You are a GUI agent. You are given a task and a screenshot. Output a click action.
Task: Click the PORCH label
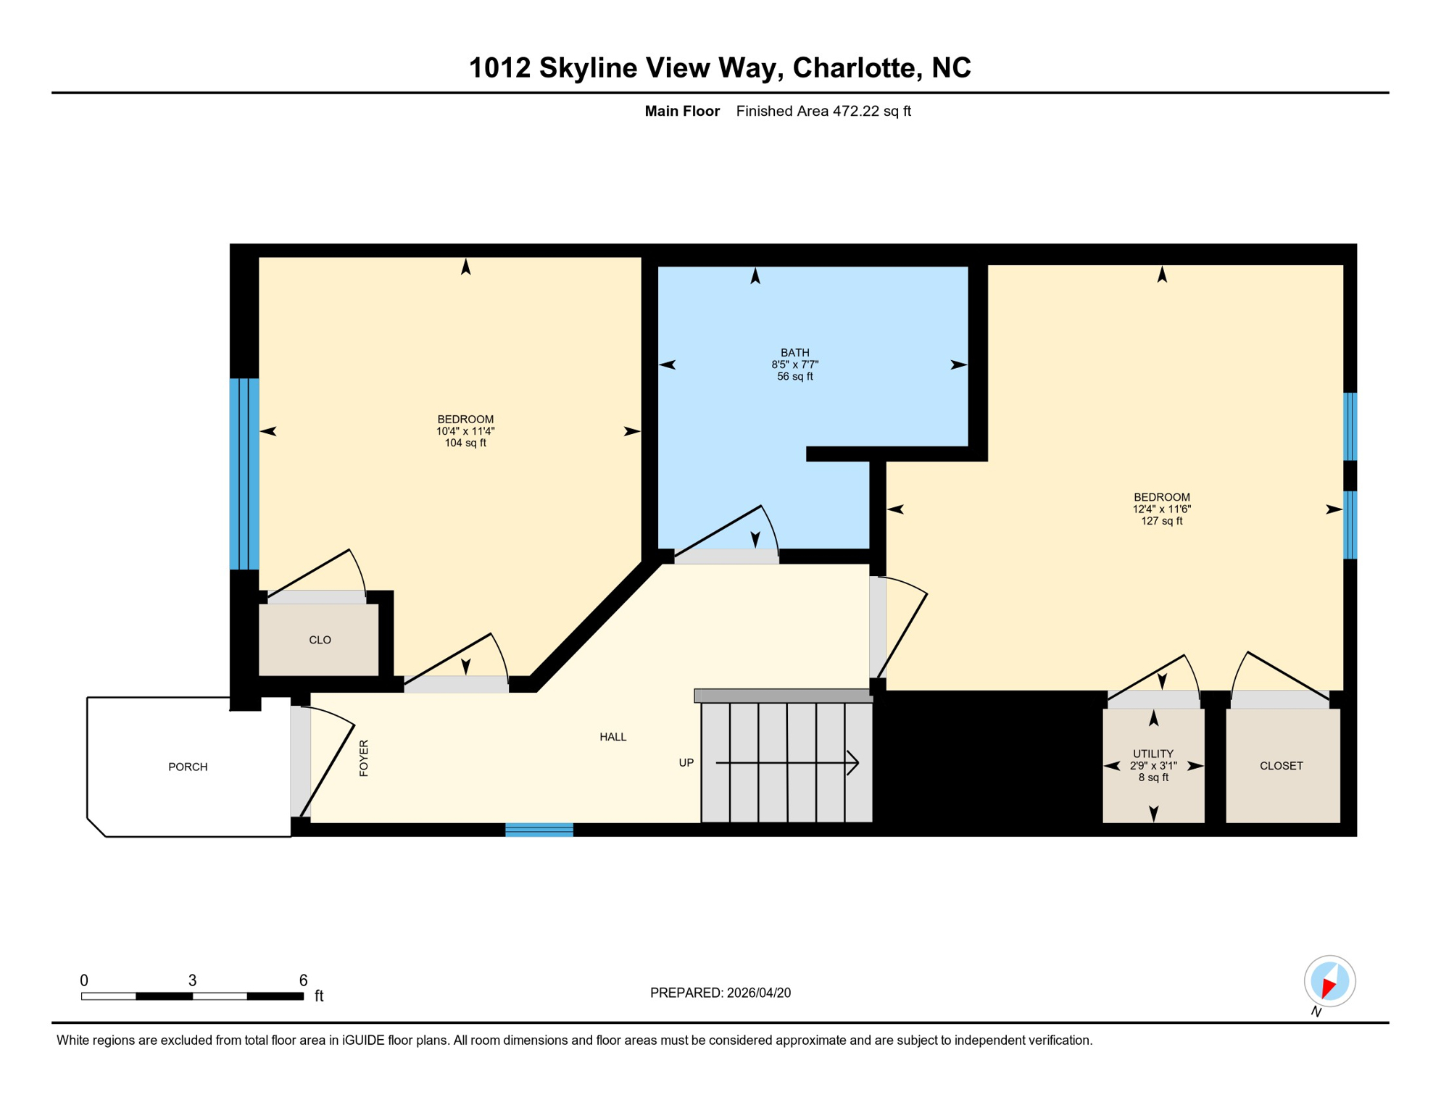[188, 767]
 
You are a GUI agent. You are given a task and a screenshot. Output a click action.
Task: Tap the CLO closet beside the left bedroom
[320, 640]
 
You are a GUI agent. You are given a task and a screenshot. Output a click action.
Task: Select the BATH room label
[794, 353]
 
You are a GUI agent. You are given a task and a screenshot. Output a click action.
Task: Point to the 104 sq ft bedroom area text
[465, 443]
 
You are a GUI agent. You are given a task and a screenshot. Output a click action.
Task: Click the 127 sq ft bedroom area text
[1161, 521]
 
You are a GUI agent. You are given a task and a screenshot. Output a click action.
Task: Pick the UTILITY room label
[1153, 754]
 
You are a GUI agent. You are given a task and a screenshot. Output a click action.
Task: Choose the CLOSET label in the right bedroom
[1281, 766]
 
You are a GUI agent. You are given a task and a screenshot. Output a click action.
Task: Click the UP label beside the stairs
[686, 762]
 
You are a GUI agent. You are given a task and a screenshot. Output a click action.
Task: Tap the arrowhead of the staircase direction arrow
[855, 762]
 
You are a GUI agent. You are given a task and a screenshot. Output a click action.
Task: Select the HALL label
[612, 737]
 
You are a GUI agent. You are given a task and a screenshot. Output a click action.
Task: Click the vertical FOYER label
[364, 758]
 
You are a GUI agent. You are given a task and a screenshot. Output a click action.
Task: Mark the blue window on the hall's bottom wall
[539, 830]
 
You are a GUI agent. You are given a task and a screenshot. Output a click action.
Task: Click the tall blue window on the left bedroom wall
[244, 474]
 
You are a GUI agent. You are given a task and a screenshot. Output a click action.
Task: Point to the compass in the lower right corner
[1329, 981]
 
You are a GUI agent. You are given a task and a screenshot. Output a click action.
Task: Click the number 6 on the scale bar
[303, 980]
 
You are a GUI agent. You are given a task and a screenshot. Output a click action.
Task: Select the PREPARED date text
[720, 993]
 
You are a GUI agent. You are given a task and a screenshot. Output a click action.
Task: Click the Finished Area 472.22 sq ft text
[823, 111]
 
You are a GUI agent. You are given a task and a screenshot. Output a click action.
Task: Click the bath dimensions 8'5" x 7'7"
[794, 364]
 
